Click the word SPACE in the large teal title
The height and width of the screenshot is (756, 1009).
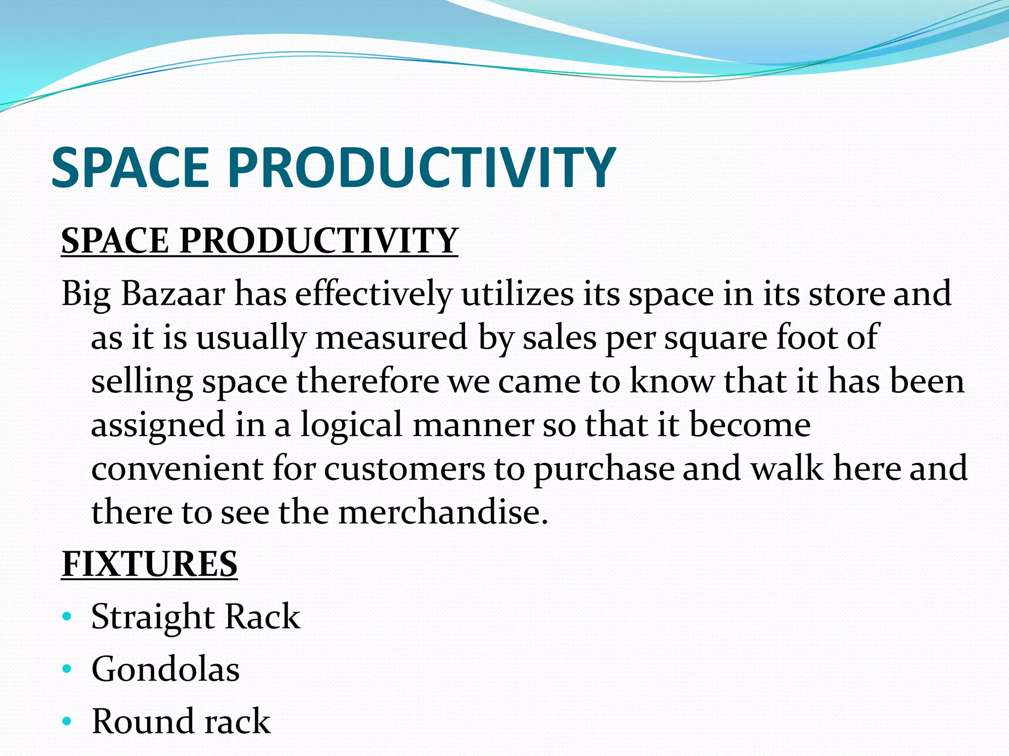pos(131,168)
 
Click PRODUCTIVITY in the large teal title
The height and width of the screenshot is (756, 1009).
pos(421,168)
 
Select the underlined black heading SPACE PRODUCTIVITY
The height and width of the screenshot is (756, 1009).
pos(260,241)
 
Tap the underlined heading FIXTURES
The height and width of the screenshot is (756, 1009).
pos(149,564)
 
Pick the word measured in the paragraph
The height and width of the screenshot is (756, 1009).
pos(392,338)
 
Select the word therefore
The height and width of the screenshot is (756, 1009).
pos(368,381)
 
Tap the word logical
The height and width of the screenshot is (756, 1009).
pos(352,425)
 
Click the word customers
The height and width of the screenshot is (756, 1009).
pos(404,469)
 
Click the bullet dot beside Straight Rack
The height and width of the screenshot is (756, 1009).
pos(67,617)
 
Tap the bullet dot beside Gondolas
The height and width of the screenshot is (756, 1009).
pos(67,669)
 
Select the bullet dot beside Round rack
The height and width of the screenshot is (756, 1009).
pos(67,722)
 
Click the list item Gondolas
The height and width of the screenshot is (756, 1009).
pos(166,669)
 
